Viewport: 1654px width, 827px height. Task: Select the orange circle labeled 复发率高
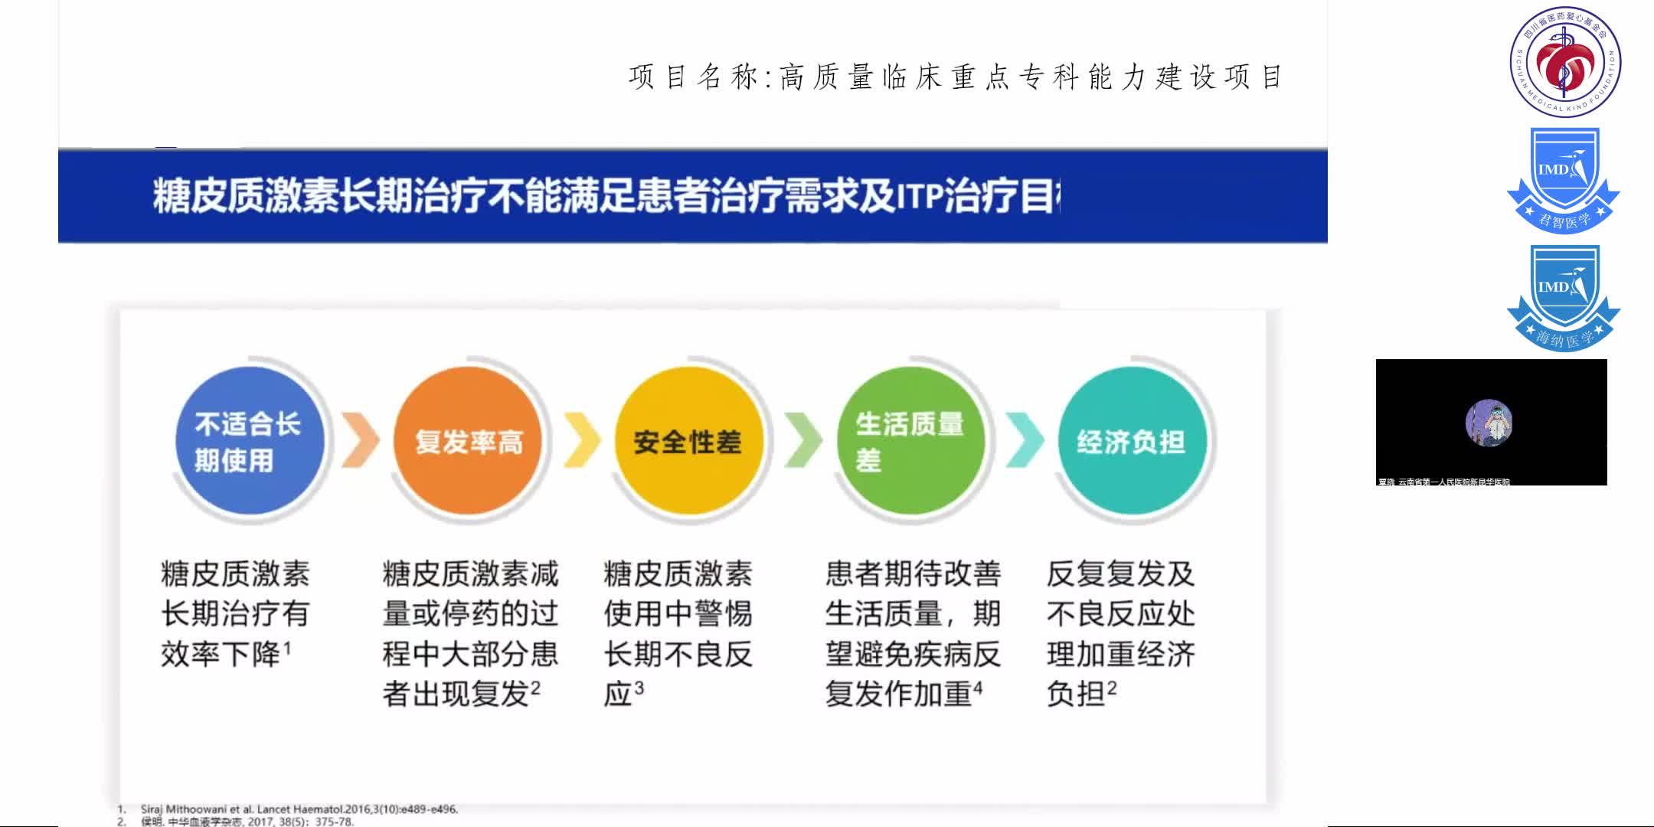coord(468,441)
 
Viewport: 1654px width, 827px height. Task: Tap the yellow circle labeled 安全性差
coord(688,441)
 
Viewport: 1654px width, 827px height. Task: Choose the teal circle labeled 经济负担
coord(1132,441)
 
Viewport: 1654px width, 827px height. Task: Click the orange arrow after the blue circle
coord(360,440)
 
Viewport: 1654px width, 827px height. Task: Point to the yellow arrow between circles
coord(582,440)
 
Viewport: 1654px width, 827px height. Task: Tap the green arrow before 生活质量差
coord(803,440)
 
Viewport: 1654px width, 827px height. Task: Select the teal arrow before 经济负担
coord(1024,440)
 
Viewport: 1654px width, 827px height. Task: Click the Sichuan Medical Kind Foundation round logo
coord(1565,61)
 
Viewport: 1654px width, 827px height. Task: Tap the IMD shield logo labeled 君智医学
coord(1564,181)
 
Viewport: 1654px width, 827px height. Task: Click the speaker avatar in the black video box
coord(1489,422)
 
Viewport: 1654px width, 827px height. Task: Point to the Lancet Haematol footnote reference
coord(299,809)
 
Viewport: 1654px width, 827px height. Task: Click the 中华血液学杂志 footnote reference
coord(247,822)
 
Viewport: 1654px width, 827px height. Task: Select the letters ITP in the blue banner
coord(918,196)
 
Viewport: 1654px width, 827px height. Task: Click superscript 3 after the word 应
coord(639,688)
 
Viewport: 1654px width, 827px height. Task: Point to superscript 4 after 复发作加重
coord(978,688)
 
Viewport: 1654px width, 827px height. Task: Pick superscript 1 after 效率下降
coord(287,649)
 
